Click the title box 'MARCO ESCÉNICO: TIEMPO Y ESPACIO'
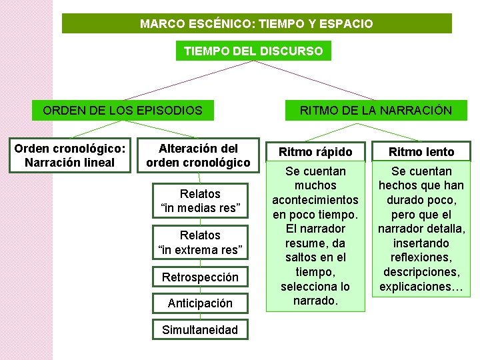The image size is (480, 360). click(257, 24)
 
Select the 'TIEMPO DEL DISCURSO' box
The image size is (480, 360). click(253, 51)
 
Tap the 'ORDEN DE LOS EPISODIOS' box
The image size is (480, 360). click(123, 110)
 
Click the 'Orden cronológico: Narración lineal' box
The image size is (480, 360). click(69, 155)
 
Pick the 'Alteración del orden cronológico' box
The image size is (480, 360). click(198, 155)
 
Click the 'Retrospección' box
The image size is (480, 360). click(200, 277)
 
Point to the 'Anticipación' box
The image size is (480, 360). click(200, 303)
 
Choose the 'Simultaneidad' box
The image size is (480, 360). click(200, 329)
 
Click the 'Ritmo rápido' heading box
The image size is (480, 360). click(315, 152)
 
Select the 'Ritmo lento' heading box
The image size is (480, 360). click(422, 152)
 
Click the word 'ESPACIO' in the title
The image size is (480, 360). click(349, 24)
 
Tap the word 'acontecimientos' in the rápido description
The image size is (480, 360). click(315, 200)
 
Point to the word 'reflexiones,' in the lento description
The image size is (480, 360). click(422, 258)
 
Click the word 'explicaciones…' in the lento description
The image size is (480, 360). click(422, 287)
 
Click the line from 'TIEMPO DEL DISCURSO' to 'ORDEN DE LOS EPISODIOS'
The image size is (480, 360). click(187, 81)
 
